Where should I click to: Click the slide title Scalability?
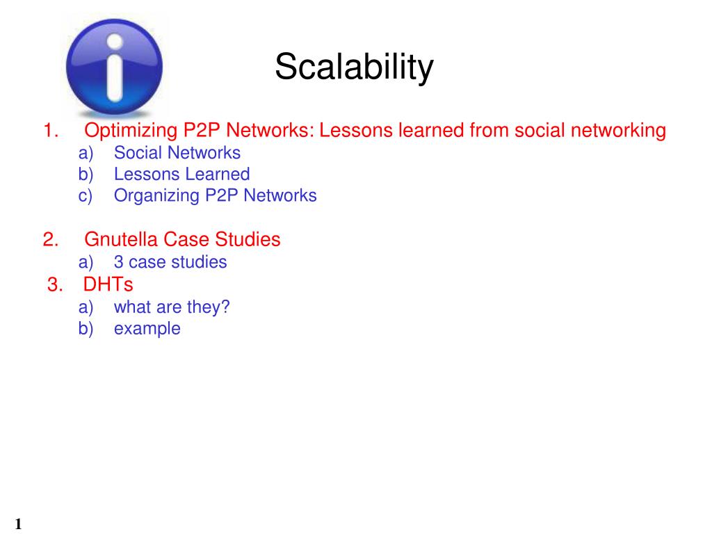354,67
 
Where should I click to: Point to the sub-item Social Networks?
177,153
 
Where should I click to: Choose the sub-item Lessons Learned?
181,175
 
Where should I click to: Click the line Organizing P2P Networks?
215,195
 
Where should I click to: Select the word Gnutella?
122,240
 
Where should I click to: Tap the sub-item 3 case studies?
170,262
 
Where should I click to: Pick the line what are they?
171,307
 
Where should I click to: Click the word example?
147,329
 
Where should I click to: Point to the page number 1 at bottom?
17,524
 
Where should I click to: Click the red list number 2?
50,240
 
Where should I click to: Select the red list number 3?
55,284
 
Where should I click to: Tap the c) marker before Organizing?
85,196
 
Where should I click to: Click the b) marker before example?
85,329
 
